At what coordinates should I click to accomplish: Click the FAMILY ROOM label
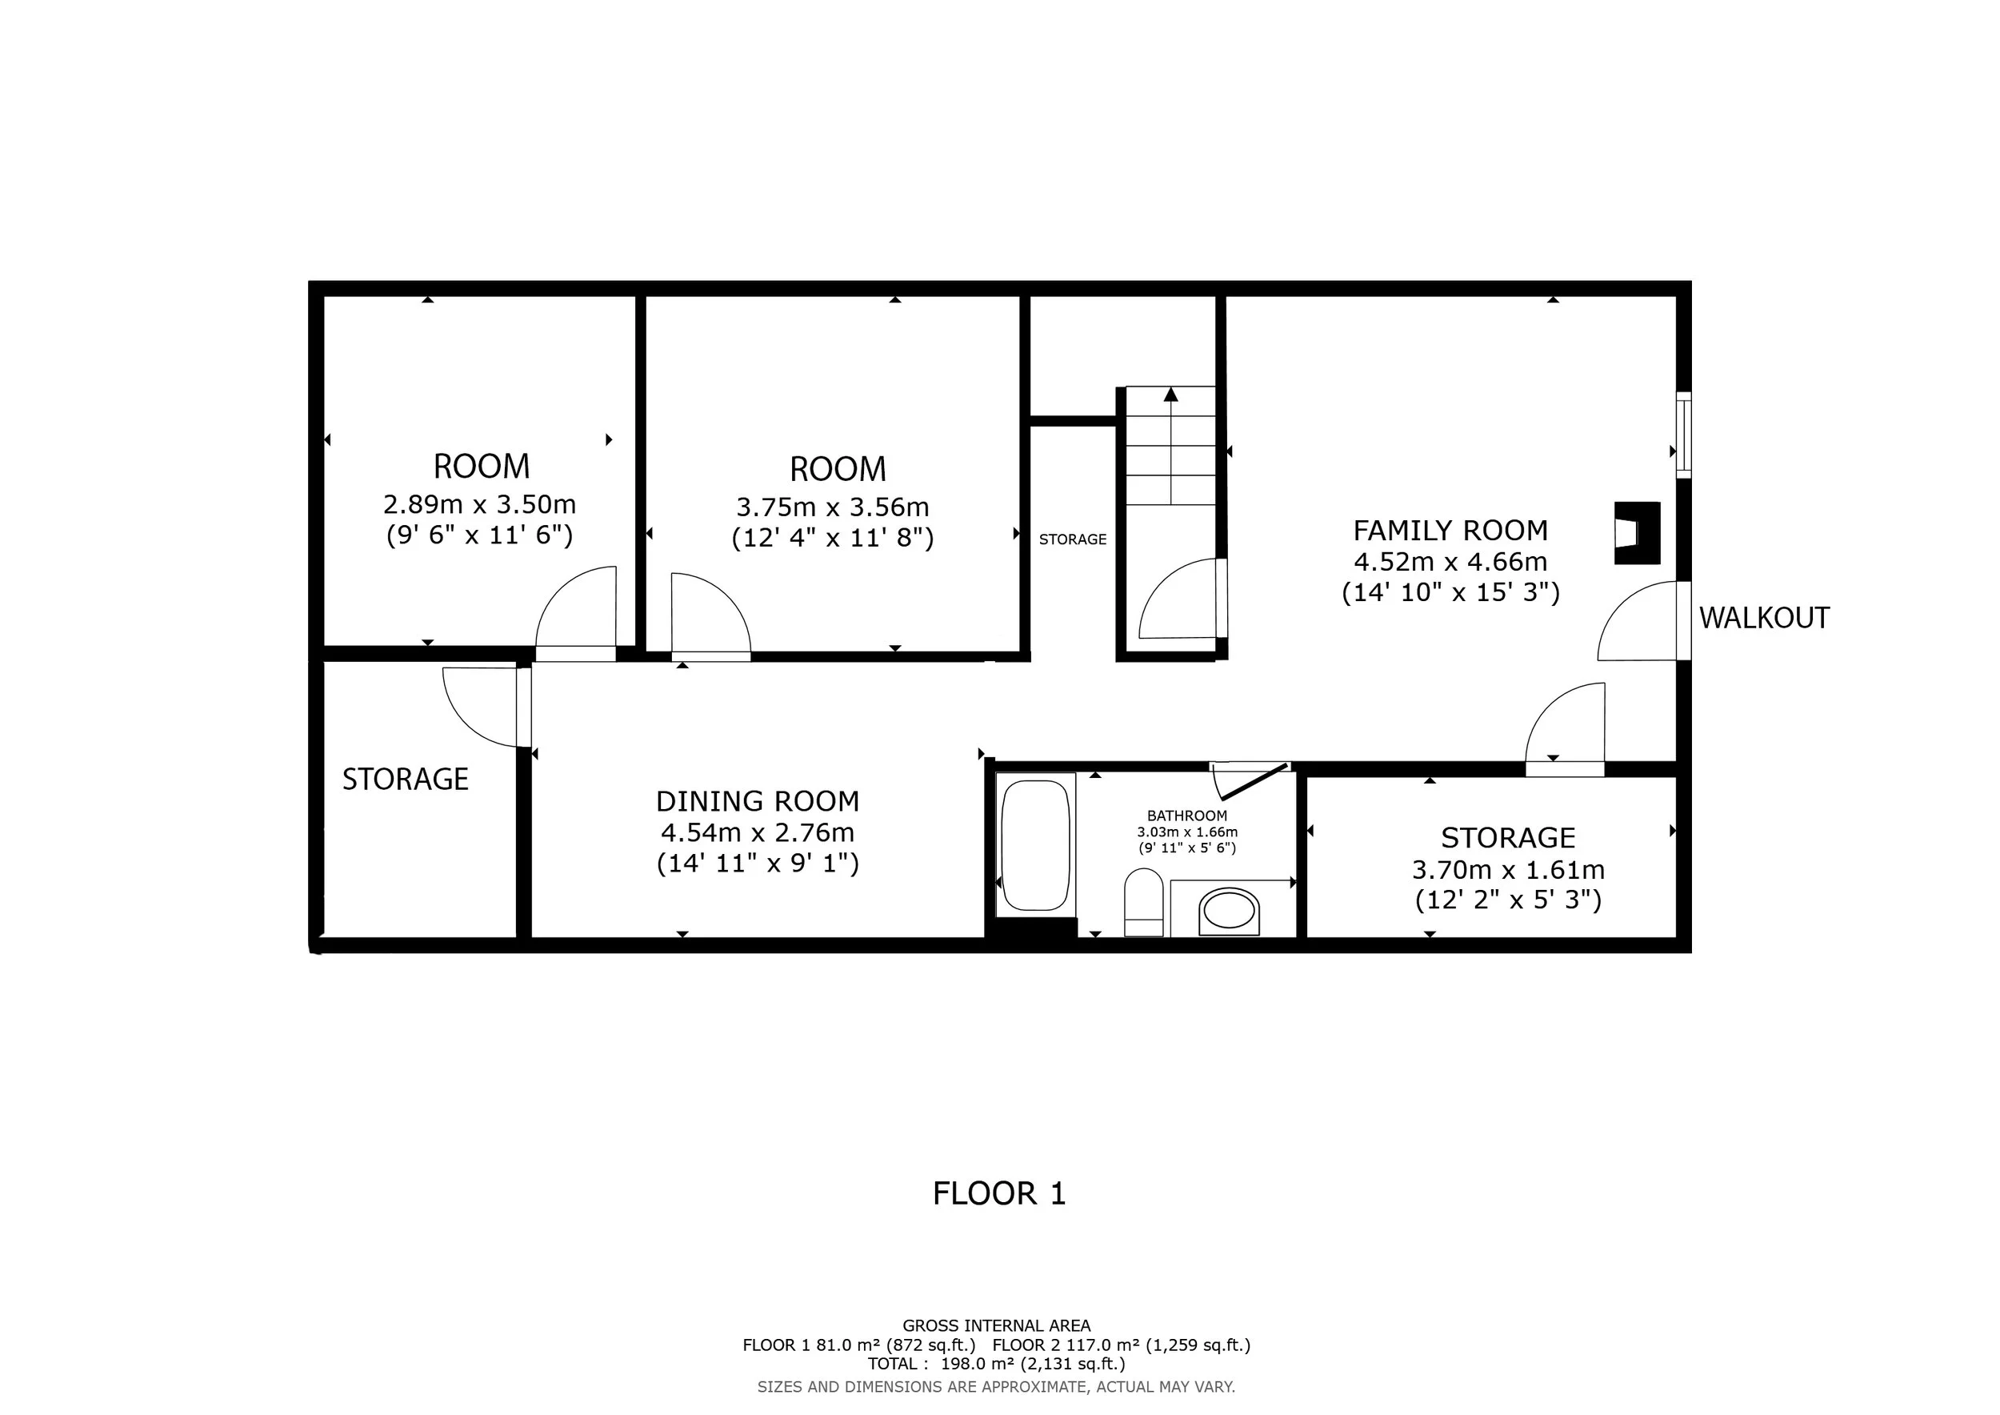pos(1450,531)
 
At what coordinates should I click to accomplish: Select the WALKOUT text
pos(1764,618)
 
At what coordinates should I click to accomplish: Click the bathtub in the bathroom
pos(1036,844)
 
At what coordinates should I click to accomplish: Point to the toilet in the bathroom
pos(1144,903)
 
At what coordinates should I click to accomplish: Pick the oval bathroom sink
pos(1228,912)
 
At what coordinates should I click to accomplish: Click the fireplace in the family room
pos(1637,533)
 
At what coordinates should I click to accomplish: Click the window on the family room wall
pos(1684,435)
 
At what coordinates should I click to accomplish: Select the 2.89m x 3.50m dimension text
pos(480,504)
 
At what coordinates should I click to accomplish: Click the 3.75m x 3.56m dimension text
pos(833,507)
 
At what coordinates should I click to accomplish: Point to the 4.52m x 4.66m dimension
pos(1450,562)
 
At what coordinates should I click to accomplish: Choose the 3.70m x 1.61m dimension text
pos(1508,869)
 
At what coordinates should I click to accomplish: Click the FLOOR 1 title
pos(999,1193)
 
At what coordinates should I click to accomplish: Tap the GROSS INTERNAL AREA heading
pos(997,1325)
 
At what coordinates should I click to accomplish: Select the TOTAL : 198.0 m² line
pos(997,1364)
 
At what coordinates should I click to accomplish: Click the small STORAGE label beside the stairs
pos(1072,539)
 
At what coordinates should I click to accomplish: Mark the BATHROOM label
pos(1186,816)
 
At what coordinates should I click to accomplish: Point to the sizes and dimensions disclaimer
pos(997,1386)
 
